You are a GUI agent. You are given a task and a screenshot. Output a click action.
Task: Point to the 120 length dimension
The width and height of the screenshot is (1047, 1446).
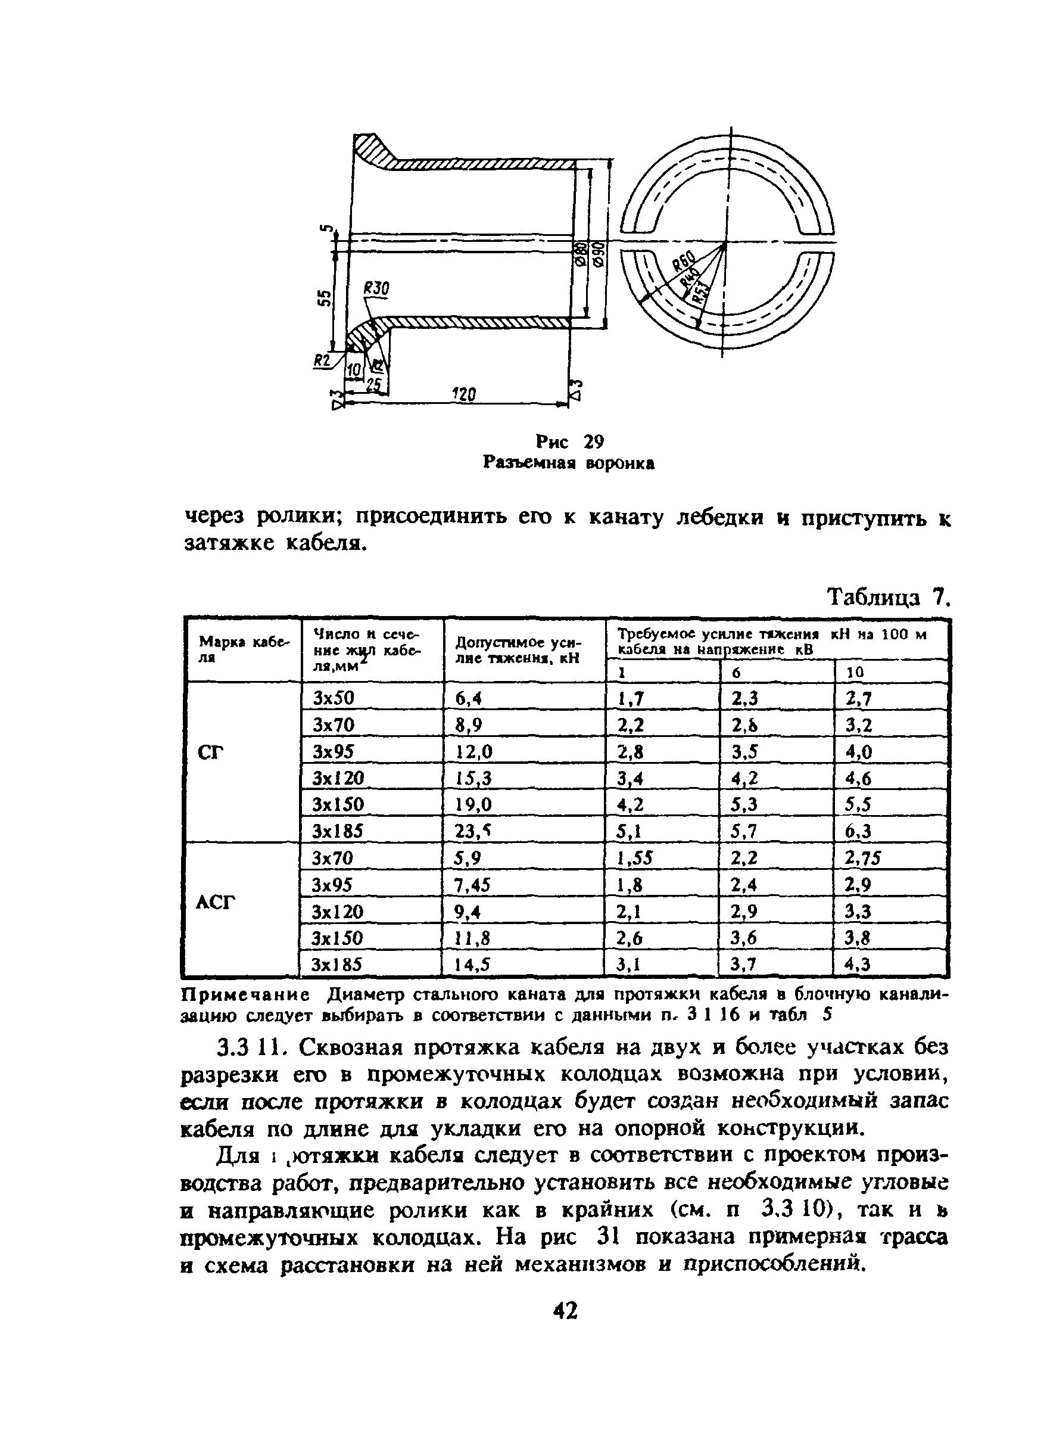(x=463, y=394)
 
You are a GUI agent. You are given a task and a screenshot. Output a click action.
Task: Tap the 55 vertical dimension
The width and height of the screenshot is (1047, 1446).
(x=325, y=297)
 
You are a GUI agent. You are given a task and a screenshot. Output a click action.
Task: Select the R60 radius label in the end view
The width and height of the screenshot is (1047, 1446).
(x=684, y=262)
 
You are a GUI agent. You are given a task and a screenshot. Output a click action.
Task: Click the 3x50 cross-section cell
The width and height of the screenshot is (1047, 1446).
(x=334, y=698)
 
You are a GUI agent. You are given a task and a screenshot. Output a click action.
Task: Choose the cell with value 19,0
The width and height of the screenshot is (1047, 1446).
(x=474, y=804)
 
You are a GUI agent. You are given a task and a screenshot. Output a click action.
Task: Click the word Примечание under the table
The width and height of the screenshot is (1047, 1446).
(x=246, y=995)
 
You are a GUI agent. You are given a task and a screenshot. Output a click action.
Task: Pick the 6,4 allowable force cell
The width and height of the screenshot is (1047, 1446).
(x=468, y=698)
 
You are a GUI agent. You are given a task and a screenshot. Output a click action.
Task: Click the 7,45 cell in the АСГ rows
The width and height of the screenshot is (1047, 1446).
(x=473, y=885)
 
